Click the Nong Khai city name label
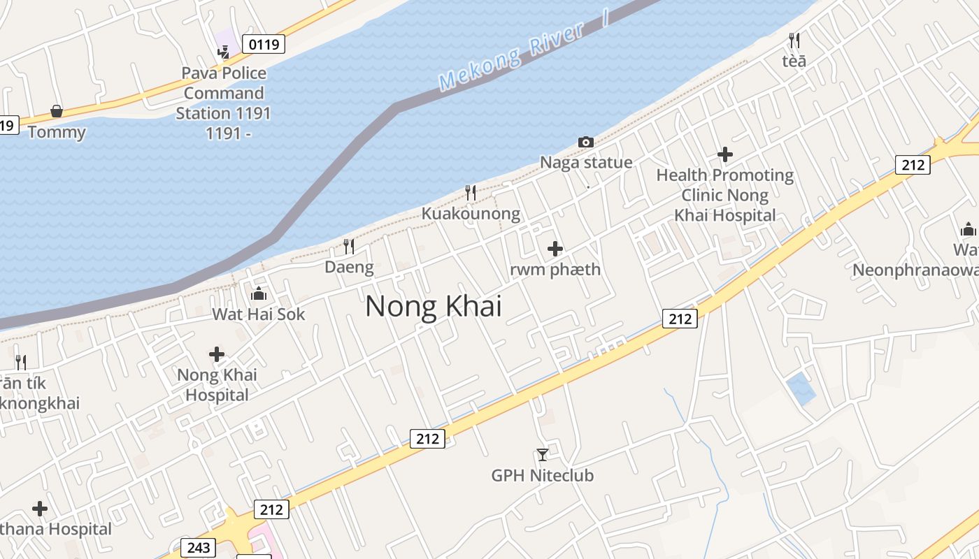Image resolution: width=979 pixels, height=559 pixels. [434, 306]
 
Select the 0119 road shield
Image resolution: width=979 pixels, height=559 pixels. [264, 45]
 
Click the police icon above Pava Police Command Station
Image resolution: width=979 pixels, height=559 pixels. [224, 52]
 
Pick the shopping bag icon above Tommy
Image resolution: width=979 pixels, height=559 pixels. [57, 112]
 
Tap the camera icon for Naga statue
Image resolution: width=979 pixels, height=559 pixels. [586, 143]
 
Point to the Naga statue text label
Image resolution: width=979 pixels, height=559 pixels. [586, 163]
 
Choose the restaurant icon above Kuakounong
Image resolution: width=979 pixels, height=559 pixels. [471, 193]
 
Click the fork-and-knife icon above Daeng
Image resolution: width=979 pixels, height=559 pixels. [349, 246]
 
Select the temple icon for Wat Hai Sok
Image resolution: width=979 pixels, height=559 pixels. [259, 293]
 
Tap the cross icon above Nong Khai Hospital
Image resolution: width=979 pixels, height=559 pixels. [217, 354]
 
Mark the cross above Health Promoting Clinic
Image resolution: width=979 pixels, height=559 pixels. [725, 154]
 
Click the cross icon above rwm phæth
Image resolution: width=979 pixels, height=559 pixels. [555, 249]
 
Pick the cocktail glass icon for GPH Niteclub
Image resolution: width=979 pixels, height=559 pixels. [543, 455]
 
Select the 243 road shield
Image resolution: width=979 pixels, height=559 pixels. [198, 547]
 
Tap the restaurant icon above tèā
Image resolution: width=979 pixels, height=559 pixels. [794, 41]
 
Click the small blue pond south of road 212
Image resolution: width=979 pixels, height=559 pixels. [801, 389]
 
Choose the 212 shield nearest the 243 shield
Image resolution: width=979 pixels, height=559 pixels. [271, 509]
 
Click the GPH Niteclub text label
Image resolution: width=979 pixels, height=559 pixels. [543, 476]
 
